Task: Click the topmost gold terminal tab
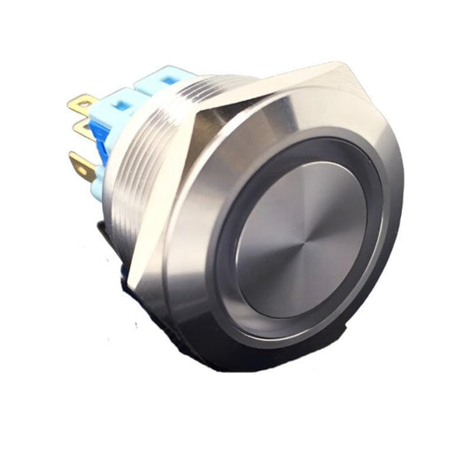[82, 105]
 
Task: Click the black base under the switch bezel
[221, 350]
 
